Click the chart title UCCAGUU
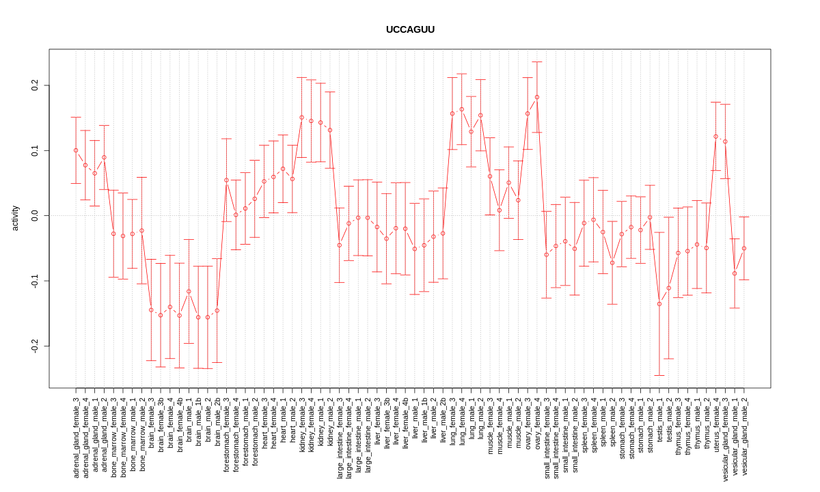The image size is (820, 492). tap(410, 29)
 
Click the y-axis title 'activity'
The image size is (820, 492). tap(15, 218)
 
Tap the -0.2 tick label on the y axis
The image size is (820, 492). tap(35, 346)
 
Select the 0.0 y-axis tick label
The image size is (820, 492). tap(35, 215)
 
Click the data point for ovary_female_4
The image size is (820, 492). tap(537, 97)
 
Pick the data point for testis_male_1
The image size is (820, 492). tap(659, 304)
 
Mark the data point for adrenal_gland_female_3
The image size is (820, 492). tap(76, 150)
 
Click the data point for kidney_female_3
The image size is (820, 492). tap(301, 118)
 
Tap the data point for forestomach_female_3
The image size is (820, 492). tap(226, 180)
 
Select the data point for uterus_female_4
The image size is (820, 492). tap(715, 137)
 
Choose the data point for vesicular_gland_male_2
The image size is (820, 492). tap(744, 248)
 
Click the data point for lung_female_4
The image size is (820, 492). tap(461, 109)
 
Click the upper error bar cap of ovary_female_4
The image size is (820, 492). tap(537, 62)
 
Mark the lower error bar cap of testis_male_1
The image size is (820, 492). tap(659, 375)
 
